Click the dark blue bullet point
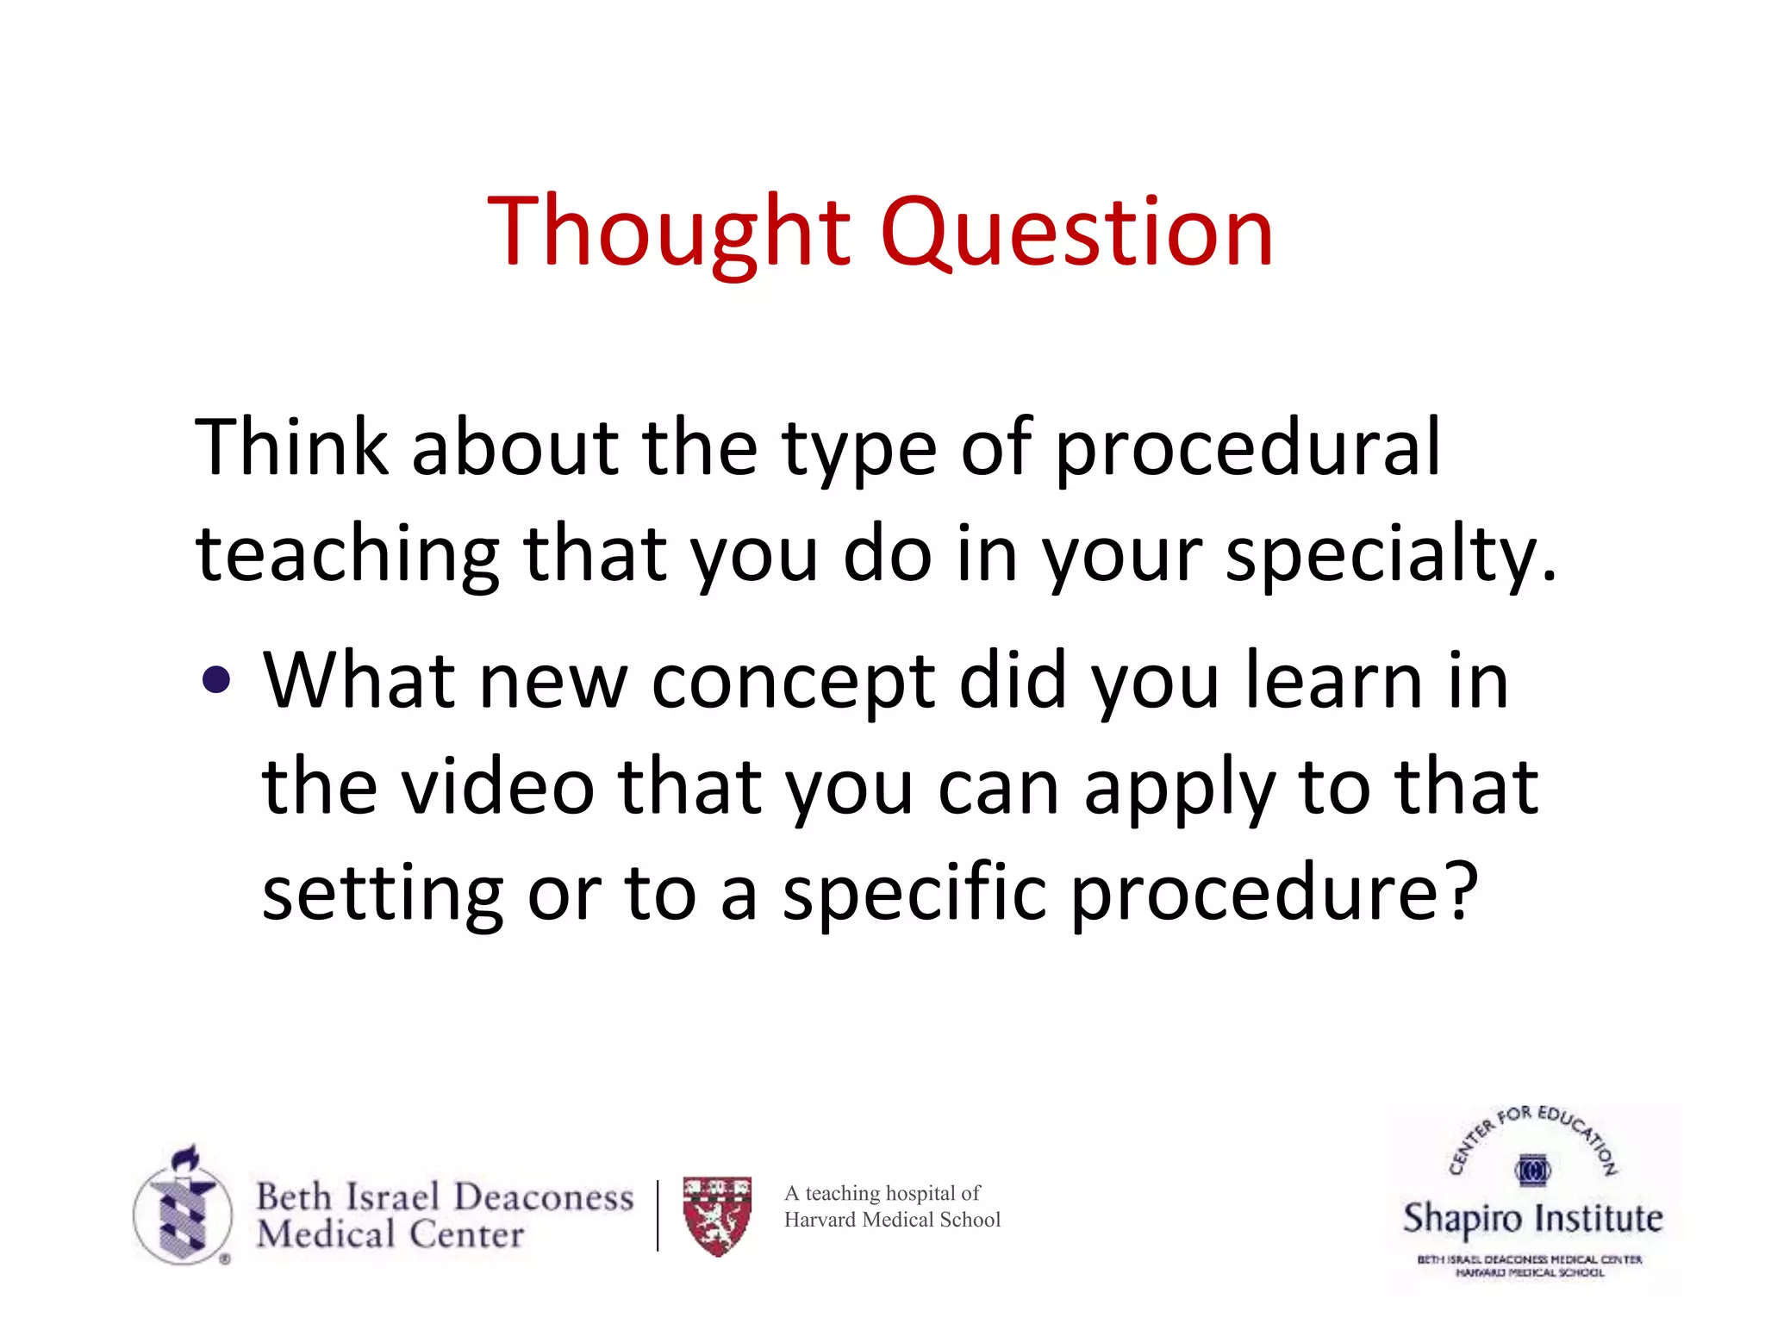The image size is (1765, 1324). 215,680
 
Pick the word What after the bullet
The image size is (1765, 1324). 359,681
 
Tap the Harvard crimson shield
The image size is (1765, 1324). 717,1215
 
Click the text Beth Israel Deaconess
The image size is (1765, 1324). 445,1196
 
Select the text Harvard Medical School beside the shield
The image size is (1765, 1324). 892,1220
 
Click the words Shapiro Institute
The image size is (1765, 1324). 1532,1218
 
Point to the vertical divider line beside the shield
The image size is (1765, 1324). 658,1215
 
